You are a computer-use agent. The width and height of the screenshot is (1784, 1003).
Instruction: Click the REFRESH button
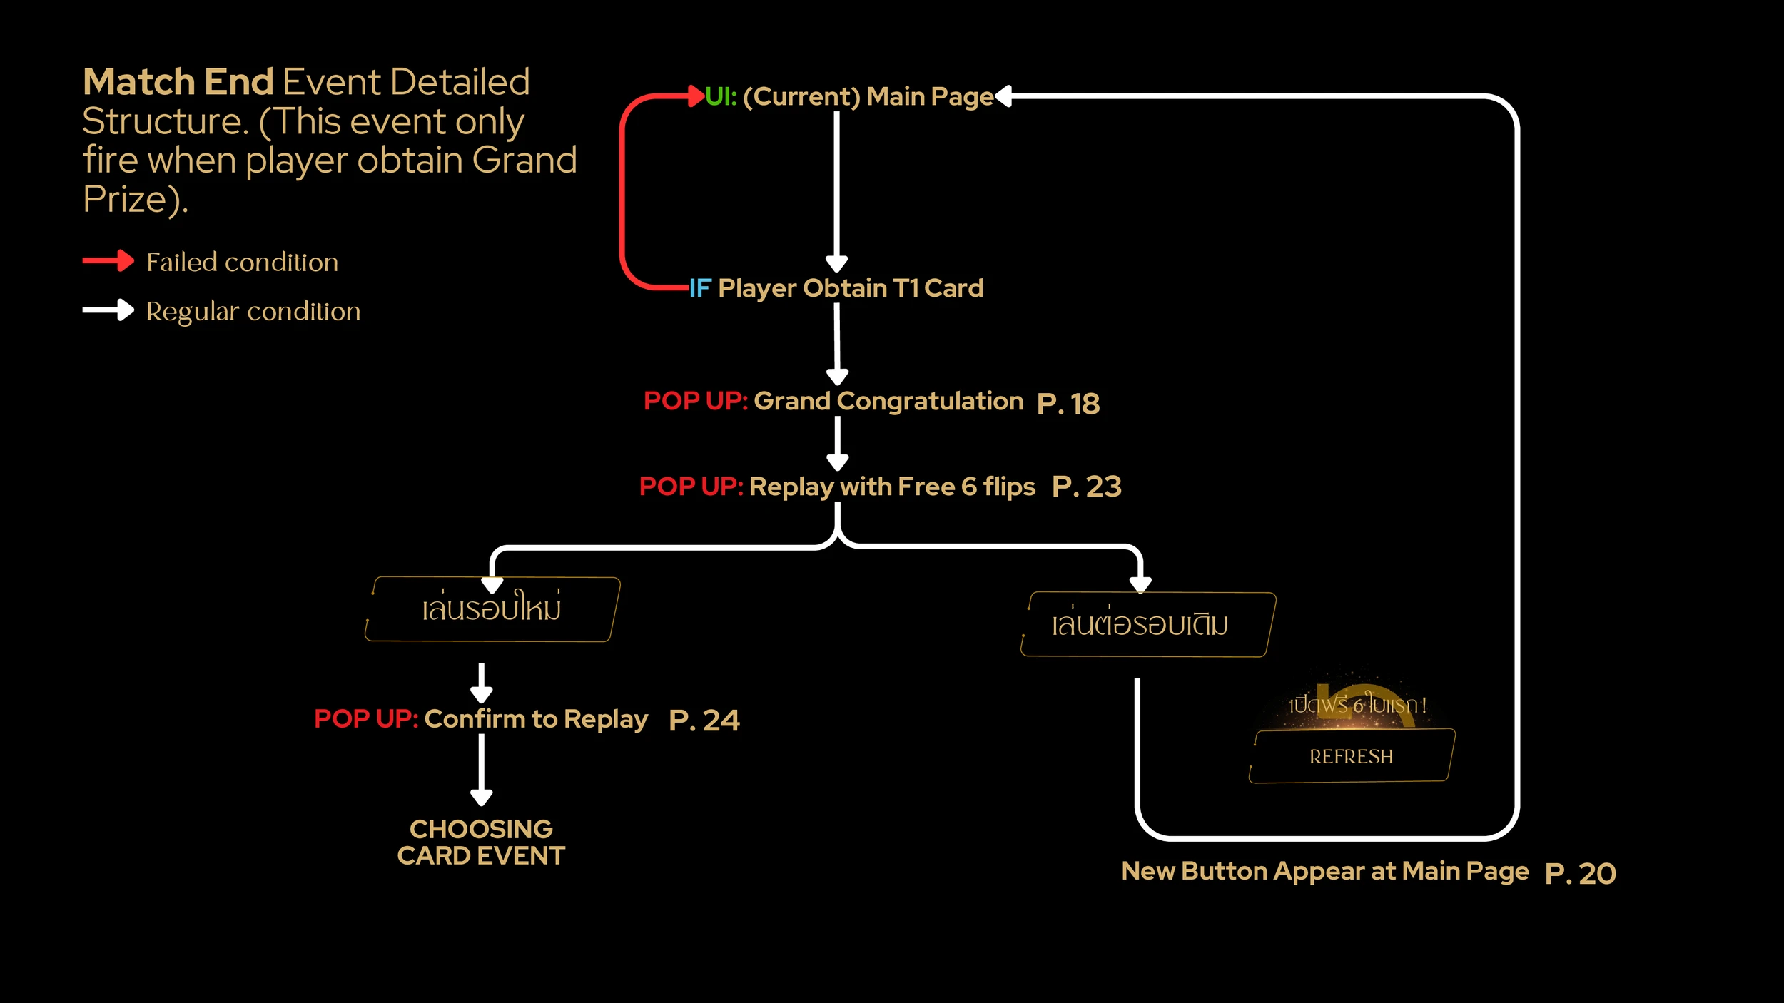(x=1352, y=756)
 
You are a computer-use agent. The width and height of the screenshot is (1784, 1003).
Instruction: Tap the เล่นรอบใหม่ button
(x=492, y=609)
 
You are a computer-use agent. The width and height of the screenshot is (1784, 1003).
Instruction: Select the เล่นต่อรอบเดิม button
(x=1147, y=625)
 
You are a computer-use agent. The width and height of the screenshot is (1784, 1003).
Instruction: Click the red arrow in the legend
(x=108, y=261)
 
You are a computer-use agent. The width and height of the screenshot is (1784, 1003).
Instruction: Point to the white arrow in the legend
(x=108, y=310)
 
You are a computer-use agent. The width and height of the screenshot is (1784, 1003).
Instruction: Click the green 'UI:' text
(x=721, y=97)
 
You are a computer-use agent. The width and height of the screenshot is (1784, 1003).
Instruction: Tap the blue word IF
(x=701, y=288)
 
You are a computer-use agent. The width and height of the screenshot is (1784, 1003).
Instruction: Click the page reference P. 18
(x=1068, y=404)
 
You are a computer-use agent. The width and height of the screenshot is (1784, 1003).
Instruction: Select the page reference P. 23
(x=1086, y=487)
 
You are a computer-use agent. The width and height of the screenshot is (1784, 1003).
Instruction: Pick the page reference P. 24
(x=704, y=721)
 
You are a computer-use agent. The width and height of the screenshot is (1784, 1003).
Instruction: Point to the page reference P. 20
(x=1580, y=874)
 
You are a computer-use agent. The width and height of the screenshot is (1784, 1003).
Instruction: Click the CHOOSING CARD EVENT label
(x=481, y=842)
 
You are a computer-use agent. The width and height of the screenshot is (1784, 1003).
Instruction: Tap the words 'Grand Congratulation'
(x=888, y=401)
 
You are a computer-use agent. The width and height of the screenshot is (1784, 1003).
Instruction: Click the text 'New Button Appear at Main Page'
(x=1325, y=871)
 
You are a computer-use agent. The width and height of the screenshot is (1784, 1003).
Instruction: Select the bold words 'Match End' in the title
(x=178, y=82)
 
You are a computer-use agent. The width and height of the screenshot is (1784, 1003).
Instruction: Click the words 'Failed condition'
(x=242, y=263)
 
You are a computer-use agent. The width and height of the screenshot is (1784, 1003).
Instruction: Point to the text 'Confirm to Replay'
(x=536, y=719)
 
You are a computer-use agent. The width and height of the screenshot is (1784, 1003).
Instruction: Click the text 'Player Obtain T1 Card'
(x=851, y=288)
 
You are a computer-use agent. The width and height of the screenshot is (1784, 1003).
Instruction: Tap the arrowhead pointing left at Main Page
(x=1004, y=96)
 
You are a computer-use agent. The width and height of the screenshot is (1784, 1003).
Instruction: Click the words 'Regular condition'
(x=253, y=312)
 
